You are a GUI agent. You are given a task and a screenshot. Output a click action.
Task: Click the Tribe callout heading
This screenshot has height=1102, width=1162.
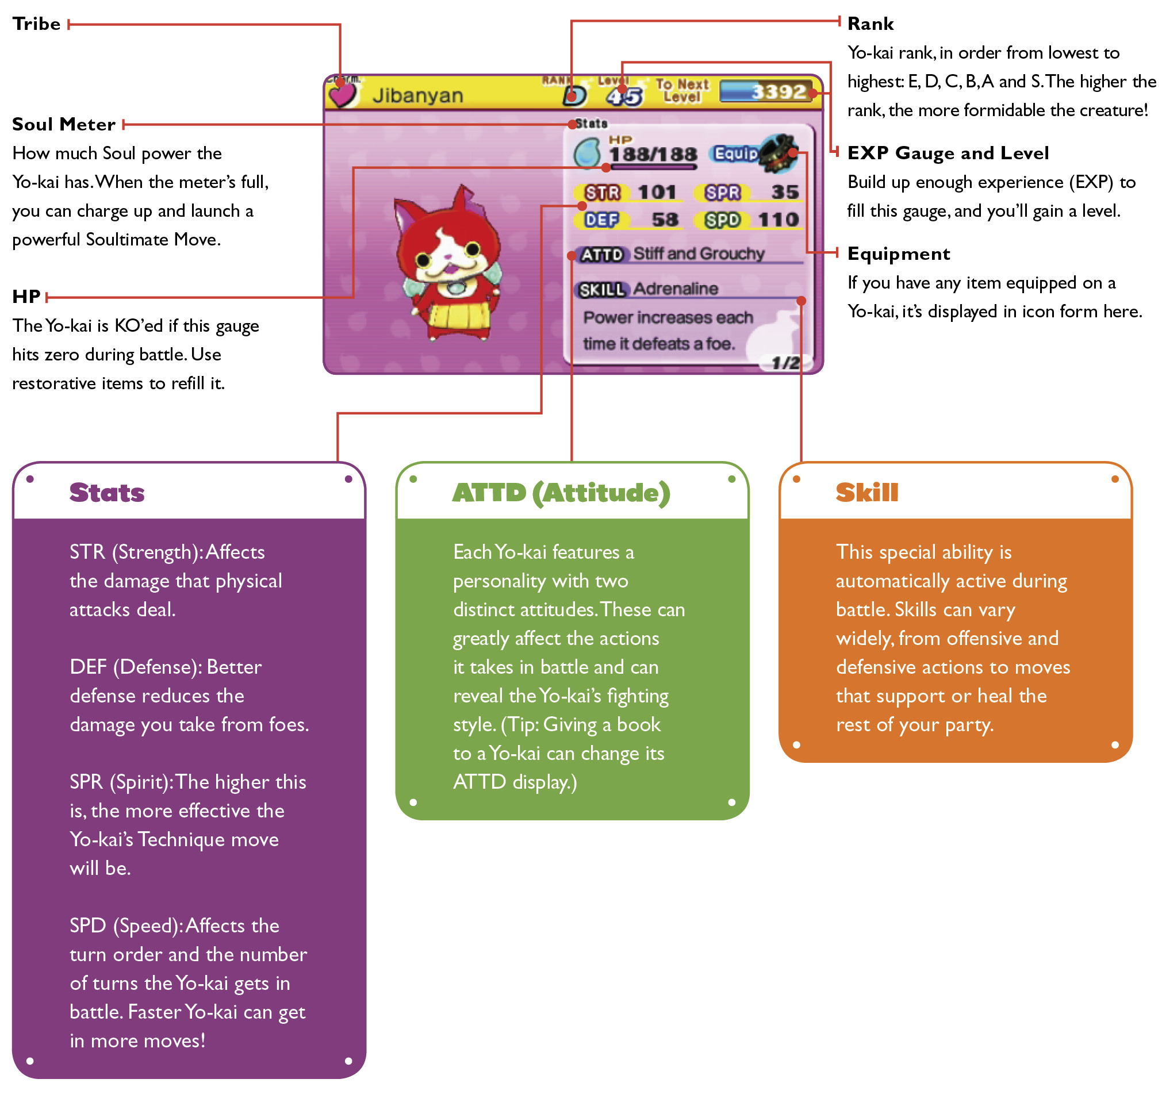pos(36,24)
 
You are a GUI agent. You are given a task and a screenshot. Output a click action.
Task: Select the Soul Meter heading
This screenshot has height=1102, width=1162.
pos(64,124)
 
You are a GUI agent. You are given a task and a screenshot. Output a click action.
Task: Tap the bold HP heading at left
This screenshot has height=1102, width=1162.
pos(26,296)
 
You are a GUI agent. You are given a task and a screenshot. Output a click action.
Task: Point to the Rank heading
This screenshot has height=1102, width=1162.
pos(870,24)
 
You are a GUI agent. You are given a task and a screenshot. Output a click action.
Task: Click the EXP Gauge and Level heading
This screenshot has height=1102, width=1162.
pos(948,153)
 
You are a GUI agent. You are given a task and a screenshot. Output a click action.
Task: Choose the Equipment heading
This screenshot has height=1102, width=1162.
pos(898,253)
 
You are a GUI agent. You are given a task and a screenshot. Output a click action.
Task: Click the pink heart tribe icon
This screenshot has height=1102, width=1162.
pos(342,94)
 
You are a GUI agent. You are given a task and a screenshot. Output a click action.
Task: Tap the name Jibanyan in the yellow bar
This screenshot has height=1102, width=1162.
pos(417,95)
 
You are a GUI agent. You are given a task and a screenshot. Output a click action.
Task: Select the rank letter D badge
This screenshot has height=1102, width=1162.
pos(574,96)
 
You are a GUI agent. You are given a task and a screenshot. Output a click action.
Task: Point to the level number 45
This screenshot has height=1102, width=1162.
pos(624,97)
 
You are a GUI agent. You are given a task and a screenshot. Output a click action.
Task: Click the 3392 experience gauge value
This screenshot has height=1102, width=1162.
pos(778,91)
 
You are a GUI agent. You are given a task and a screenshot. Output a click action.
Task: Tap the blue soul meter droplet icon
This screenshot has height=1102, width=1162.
pos(586,153)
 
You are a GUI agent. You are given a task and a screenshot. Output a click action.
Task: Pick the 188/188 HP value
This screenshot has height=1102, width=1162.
pos(653,155)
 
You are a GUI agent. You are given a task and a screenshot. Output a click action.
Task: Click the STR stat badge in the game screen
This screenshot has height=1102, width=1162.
pos(602,193)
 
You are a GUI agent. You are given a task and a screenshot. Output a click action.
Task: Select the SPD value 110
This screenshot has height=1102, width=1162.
pos(778,220)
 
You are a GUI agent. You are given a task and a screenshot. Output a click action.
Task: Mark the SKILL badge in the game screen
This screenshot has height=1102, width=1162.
pos(601,290)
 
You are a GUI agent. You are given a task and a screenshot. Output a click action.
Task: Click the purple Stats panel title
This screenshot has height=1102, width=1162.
pos(107,492)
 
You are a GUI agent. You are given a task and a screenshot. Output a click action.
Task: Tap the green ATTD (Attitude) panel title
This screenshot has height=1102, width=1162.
pos(561,492)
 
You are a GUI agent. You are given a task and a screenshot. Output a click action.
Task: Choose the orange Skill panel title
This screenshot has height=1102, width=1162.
pos(866,492)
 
